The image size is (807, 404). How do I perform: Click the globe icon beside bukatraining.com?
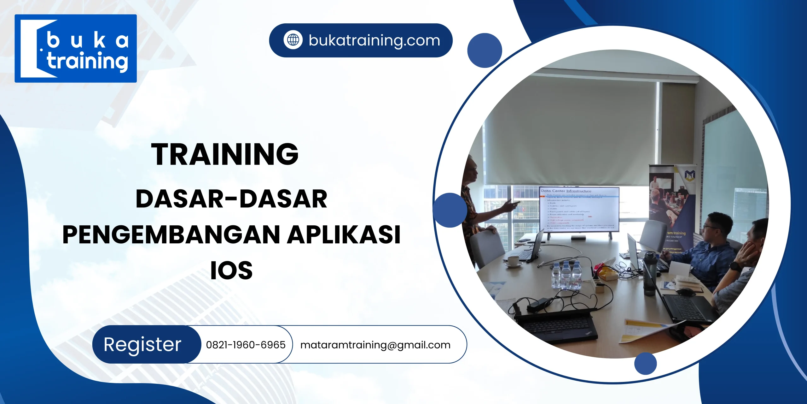pyautogui.click(x=293, y=40)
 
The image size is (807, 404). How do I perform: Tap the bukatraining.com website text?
pyautogui.click(x=374, y=40)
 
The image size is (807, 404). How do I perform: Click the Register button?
pyautogui.click(x=143, y=344)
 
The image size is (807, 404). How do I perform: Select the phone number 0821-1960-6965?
pyautogui.click(x=246, y=345)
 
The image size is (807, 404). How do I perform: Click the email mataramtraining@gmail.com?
pyautogui.click(x=375, y=345)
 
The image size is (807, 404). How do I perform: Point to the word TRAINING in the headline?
pyautogui.click(x=224, y=154)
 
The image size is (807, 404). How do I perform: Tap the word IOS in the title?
pyautogui.click(x=231, y=270)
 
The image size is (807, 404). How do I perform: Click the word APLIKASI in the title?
pyautogui.click(x=344, y=235)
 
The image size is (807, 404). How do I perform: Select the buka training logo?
pyautogui.click(x=76, y=48)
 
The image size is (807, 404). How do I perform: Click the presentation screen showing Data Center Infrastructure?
pyautogui.click(x=579, y=209)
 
